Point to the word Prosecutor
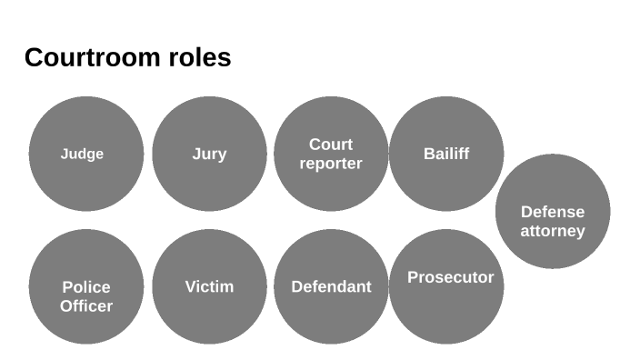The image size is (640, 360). click(x=450, y=277)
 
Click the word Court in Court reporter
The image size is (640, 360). click(x=331, y=145)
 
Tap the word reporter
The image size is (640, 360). click(x=331, y=164)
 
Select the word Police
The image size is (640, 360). click(x=86, y=287)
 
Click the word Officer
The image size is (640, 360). click(x=86, y=306)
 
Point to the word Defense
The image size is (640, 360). click(x=552, y=212)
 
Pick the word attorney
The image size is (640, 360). click(x=552, y=231)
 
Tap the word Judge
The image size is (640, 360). click(x=82, y=154)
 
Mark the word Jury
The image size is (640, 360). click(x=209, y=154)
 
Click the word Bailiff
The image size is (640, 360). click(x=446, y=154)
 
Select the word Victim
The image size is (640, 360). click(x=209, y=286)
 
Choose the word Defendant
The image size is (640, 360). click(x=331, y=287)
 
